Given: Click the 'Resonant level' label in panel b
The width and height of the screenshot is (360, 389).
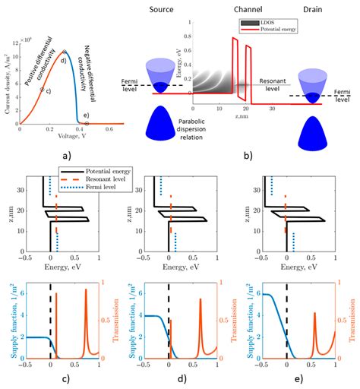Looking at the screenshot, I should pyautogui.click(x=273, y=80).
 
